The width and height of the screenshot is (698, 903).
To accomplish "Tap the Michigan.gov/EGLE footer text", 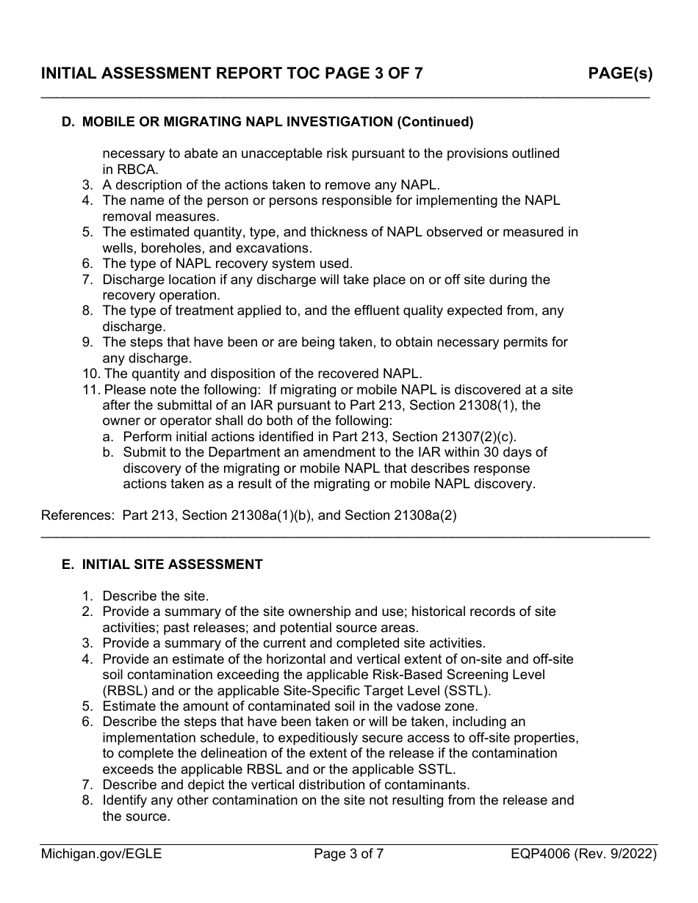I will click(101, 854).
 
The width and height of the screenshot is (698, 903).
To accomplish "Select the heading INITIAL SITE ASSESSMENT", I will click(172, 565).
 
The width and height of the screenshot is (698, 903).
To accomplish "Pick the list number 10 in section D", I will click(90, 374).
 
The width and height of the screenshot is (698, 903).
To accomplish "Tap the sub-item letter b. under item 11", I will click(109, 452).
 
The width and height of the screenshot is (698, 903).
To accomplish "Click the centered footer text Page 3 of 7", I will click(349, 854).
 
